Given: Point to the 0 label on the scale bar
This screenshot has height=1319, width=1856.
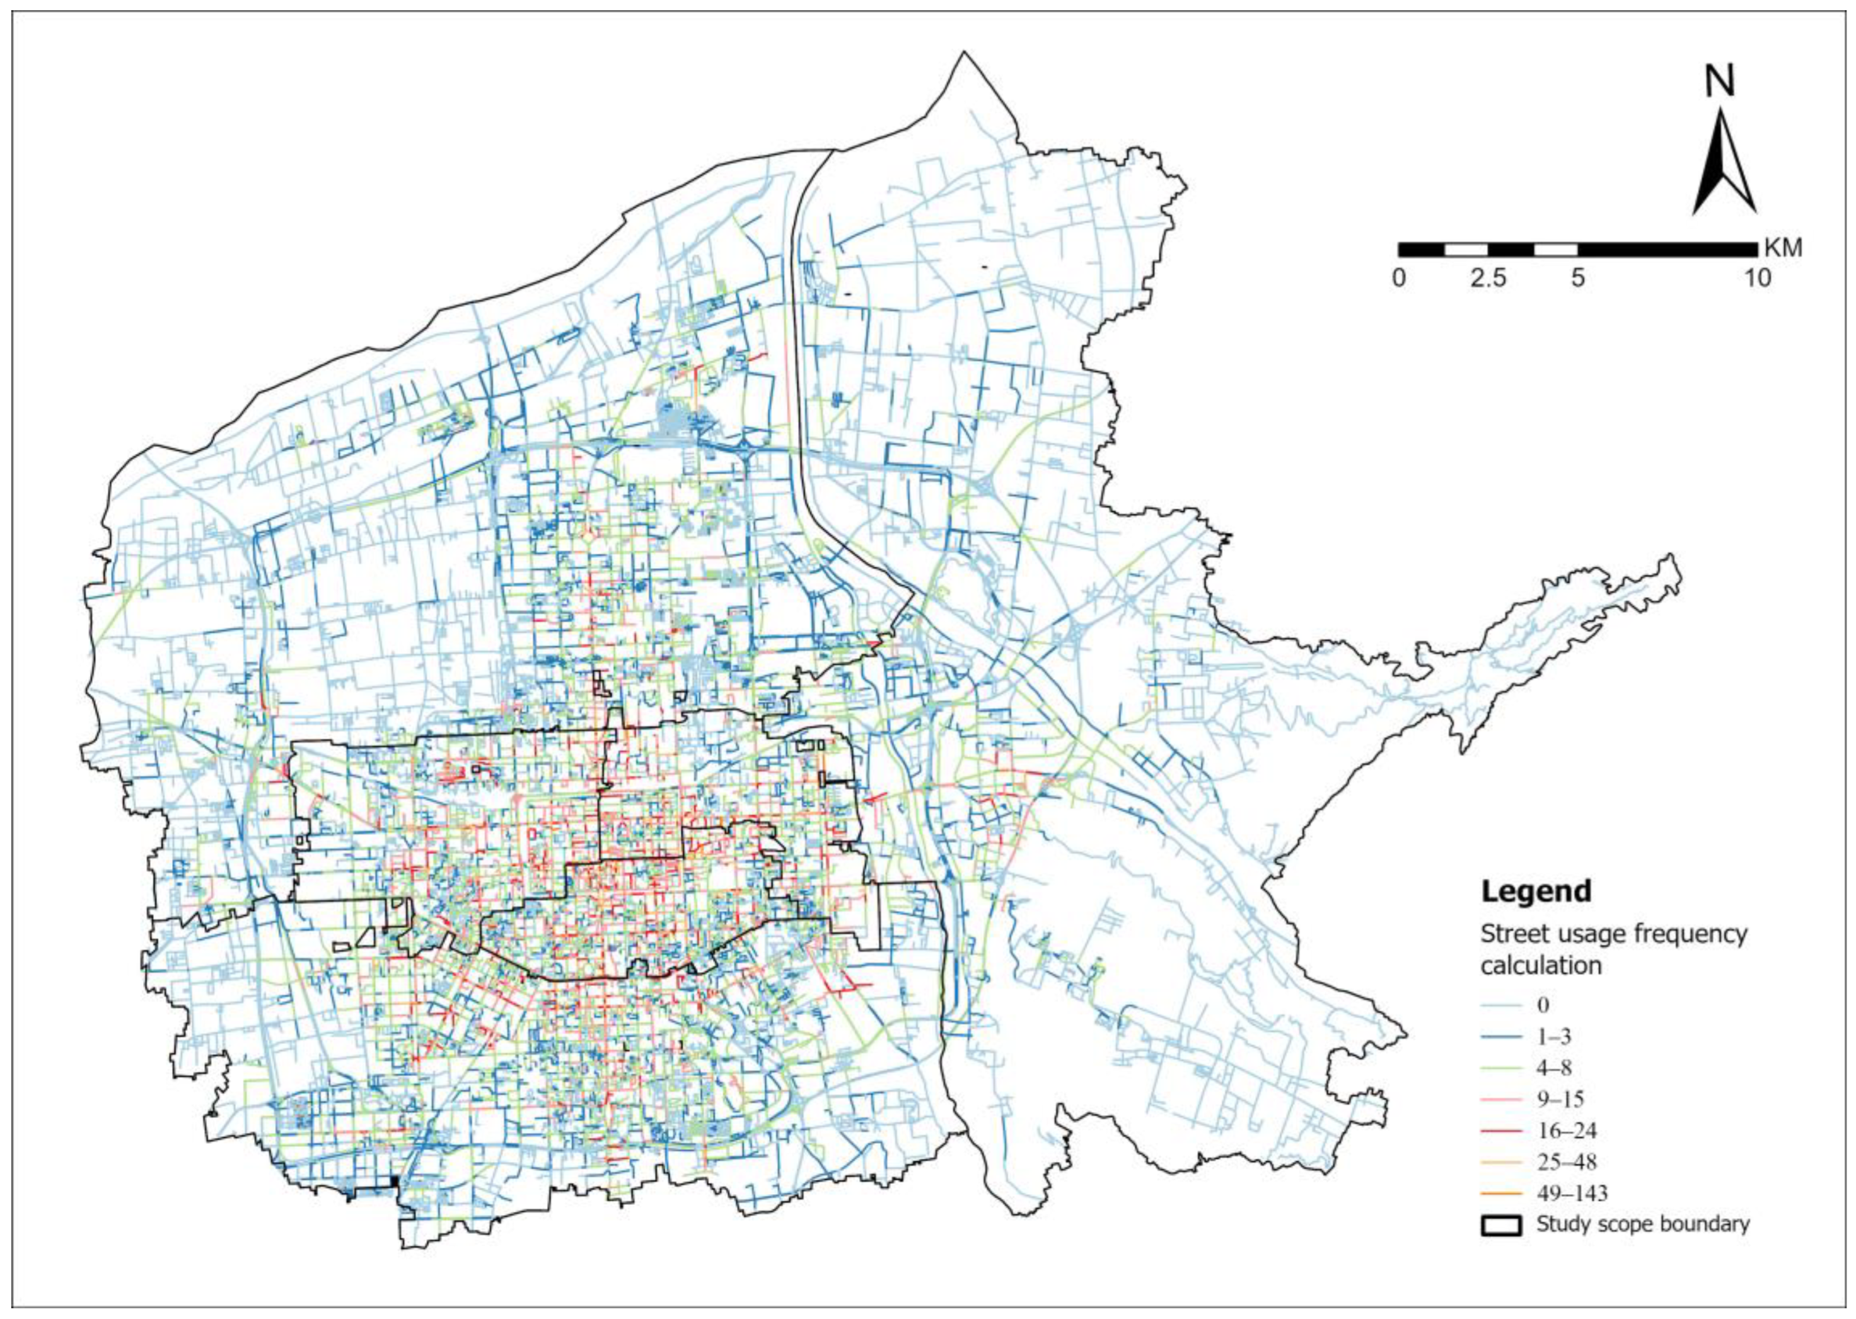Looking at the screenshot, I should tap(1399, 279).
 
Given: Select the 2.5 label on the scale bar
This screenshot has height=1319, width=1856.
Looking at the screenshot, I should tap(1487, 279).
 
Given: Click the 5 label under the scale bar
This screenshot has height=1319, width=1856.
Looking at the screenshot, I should tap(1577, 279).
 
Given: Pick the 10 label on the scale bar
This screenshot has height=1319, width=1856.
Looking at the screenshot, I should tap(1758, 279).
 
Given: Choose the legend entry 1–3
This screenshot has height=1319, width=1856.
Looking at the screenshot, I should tap(1554, 1037).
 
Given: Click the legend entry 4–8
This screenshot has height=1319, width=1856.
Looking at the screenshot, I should tap(1554, 1068).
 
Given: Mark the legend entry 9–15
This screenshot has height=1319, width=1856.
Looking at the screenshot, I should tap(1560, 1100).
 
